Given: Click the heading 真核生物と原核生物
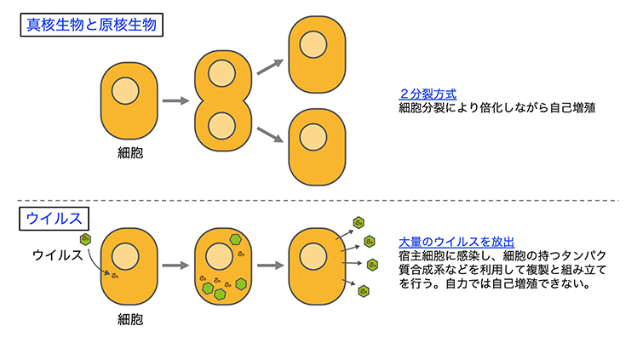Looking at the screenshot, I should (91, 25).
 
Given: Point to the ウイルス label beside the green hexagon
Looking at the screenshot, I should (57, 254).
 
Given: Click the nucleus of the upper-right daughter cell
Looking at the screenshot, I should (315, 43).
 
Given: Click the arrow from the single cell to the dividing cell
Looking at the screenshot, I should (175, 100).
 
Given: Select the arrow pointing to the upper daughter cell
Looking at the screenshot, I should (271, 65).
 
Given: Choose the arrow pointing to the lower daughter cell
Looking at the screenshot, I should (271, 134).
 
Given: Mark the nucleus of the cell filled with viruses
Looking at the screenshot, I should (221, 253).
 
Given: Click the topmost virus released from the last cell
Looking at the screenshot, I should (359, 223).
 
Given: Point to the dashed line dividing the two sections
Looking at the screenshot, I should (318, 202).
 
